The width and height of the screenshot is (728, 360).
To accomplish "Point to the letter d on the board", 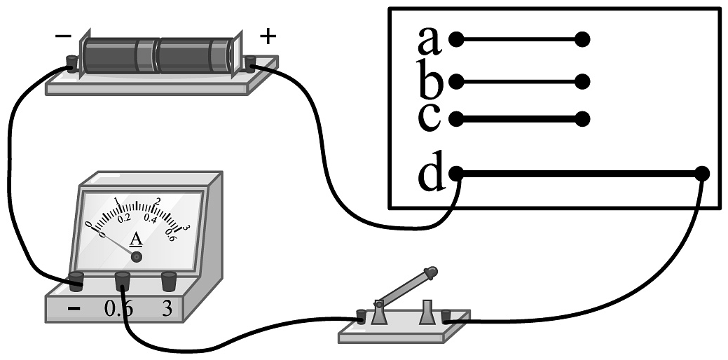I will click(432, 174).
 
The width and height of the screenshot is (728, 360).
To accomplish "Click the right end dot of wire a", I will click(582, 40).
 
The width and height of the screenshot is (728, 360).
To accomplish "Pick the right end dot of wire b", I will click(582, 81).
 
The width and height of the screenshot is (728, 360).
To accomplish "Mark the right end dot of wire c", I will click(582, 118).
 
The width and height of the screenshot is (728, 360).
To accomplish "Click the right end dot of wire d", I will click(703, 173).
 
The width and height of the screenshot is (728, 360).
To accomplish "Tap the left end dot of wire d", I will click(456, 172).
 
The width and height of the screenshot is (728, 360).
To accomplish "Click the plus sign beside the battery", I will click(267, 36).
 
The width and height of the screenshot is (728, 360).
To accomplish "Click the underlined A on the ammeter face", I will click(137, 240).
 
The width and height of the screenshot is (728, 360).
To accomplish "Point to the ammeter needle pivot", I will click(137, 257).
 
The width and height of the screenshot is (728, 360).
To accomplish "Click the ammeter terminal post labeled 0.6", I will click(123, 282).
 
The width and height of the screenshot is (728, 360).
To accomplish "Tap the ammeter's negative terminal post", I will click(76, 281).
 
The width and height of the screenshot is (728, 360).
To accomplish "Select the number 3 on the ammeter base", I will click(167, 308).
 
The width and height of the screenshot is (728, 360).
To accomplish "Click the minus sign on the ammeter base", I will click(74, 309).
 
